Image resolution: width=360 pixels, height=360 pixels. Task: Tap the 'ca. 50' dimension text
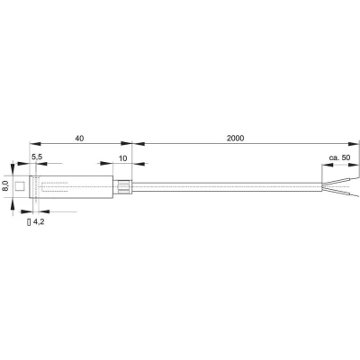point(339,157)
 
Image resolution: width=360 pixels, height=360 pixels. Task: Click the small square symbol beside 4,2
point(29,220)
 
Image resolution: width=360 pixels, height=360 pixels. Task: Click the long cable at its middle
point(225,186)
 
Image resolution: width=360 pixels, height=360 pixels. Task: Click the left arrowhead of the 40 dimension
point(33,144)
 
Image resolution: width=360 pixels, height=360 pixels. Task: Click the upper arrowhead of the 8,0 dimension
point(13,168)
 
